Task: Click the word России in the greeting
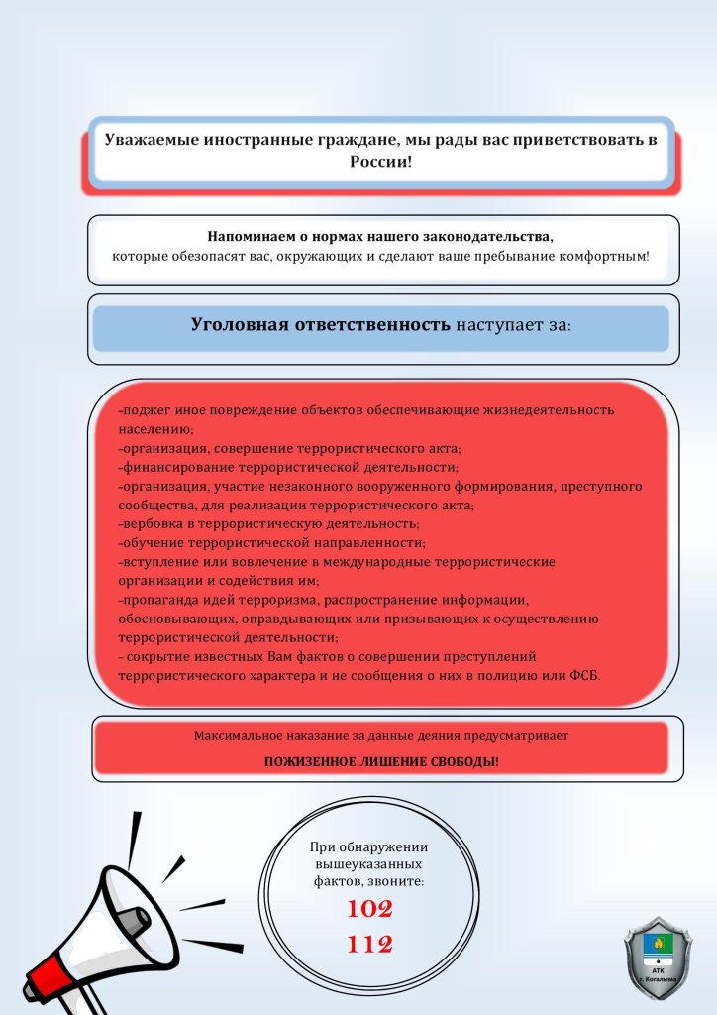tap(379, 161)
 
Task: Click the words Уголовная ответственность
tap(321, 324)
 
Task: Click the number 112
tap(369, 945)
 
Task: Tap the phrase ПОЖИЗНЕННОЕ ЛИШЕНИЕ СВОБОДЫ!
tap(381, 761)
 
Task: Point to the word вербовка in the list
tap(152, 523)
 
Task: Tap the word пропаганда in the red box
tap(156, 600)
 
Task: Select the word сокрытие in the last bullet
tap(156, 656)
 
